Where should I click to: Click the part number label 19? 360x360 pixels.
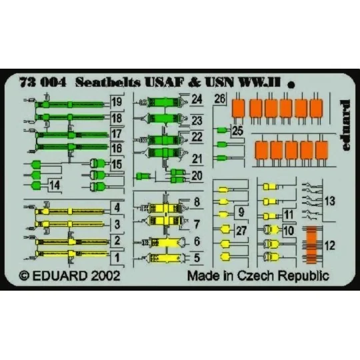tap(117, 103)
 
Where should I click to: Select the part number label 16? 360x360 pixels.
tap(117, 147)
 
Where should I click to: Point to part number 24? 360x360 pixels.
tap(196, 101)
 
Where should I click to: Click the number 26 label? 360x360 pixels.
tap(221, 101)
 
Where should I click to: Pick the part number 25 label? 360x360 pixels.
tap(237, 131)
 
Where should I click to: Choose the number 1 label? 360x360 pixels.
tap(117, 257)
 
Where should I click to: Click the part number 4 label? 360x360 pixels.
tap(117, 207)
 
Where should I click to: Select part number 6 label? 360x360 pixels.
tap(196, 240)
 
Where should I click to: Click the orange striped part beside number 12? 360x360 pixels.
tap(309, 245)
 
